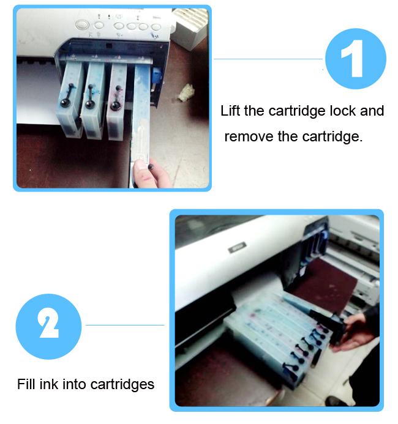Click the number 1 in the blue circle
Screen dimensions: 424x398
point(356,59)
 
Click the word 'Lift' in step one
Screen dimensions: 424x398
point(230,111)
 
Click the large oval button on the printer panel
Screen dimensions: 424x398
point(83,26)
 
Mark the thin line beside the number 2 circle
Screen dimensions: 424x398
point(125,325)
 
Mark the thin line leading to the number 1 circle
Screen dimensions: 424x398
point(269,59)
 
